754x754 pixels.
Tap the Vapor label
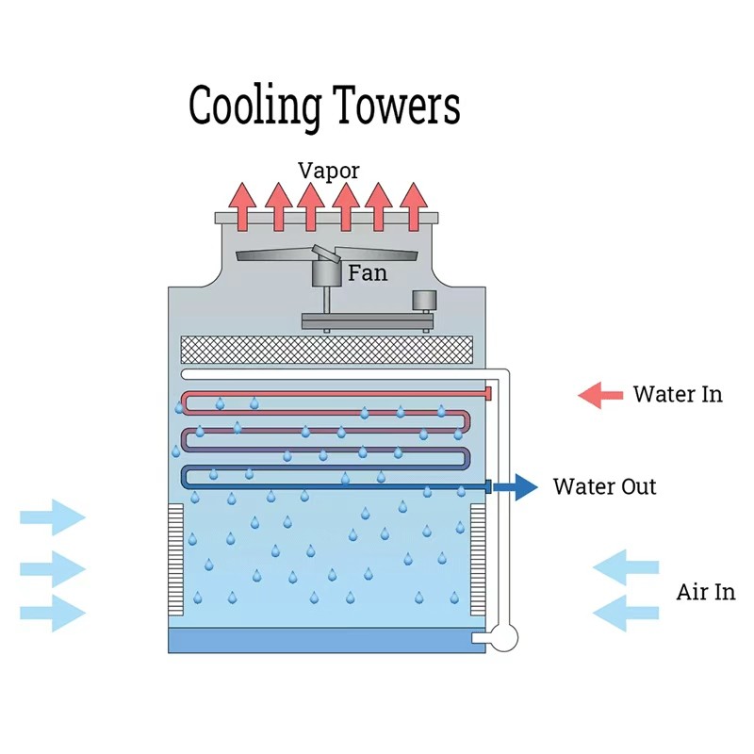[x=329, y=171]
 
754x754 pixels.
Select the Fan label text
[x=368, y=273]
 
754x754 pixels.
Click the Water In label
[x=678, y=394]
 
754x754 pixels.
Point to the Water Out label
[x=604, y=487]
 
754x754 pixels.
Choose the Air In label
[x=705, y=592]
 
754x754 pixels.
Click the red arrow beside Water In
[x=600, y=395]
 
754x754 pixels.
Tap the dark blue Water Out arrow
[x=516, y=487]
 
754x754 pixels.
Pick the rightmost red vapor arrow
[x=413, y=205]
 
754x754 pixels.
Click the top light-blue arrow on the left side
[x=53, y=516]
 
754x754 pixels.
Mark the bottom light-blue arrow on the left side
[x=53, y=613]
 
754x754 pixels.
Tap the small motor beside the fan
[x=423, y=302]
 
